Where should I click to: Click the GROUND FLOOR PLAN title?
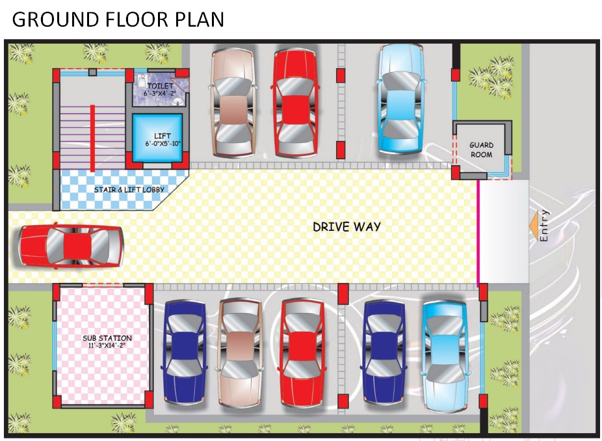pos(118,20)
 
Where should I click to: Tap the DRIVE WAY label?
pos(347,226)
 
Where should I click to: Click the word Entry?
pos(544,226)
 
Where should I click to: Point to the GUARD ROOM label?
pos(482,150)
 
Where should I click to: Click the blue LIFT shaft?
pos(157,137)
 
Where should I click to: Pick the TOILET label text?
pos(161,86)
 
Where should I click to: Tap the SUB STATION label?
pos(107,338)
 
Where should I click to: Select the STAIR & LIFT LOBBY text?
pos(129,189)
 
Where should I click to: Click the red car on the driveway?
pos(72,247)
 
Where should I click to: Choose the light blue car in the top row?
pos(400,99)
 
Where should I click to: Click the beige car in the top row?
pos(233,103)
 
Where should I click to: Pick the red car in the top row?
pos(296,103)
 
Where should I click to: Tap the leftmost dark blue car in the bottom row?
pos(185,353)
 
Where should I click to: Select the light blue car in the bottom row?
pos(445,356)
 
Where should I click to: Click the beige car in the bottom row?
pos(241,353)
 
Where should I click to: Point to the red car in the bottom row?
pos(303,353)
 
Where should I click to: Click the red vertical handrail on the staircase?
pos(92,138)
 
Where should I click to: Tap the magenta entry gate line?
pos(478,234)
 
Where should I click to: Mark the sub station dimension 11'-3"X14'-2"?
pos(107,345)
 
